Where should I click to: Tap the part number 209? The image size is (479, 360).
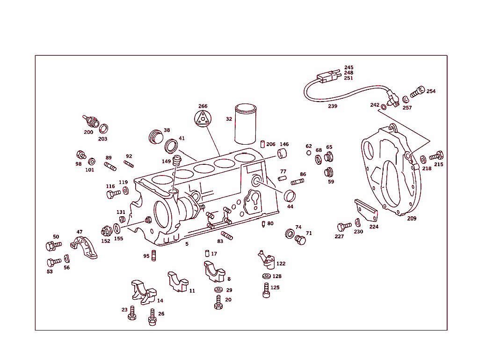point(412,218)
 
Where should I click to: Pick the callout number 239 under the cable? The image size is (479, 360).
point(332,106)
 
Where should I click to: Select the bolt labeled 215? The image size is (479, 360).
point(436,155)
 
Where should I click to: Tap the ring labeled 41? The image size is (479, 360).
point(172,146)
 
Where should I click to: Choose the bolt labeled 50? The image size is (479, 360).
point(51,246)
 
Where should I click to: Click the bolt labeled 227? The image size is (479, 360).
point(344,227)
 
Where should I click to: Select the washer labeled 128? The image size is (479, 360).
point(266,276)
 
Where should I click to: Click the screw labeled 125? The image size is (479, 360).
point(266,291)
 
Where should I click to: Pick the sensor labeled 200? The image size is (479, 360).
point(91,122)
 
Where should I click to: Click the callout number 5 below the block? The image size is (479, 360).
point(187,244)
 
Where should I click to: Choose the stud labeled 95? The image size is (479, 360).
point(153,256)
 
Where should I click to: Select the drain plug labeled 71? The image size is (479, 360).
point(300,240)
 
